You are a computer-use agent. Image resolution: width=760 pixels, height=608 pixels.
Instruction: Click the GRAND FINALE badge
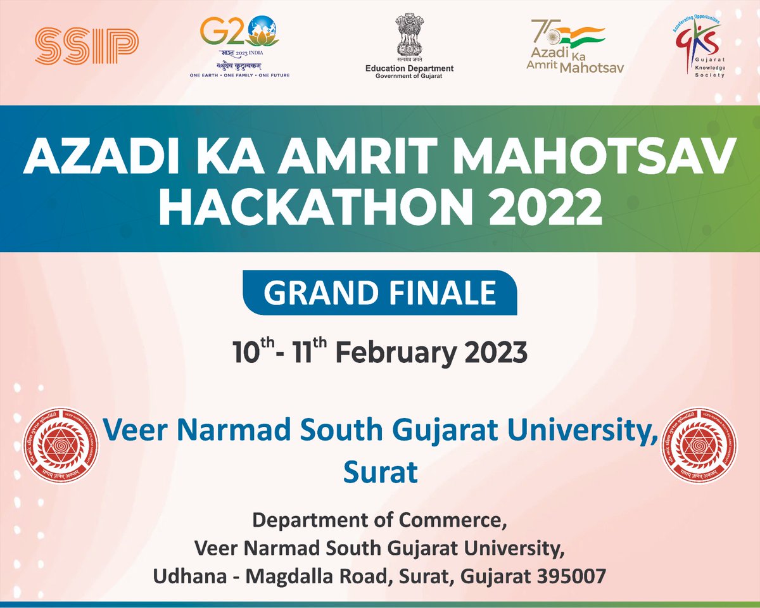pos(380,293)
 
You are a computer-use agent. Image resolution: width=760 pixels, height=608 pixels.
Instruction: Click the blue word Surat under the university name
pos(380,472)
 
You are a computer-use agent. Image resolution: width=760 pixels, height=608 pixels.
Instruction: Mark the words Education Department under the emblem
pos(409,68)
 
